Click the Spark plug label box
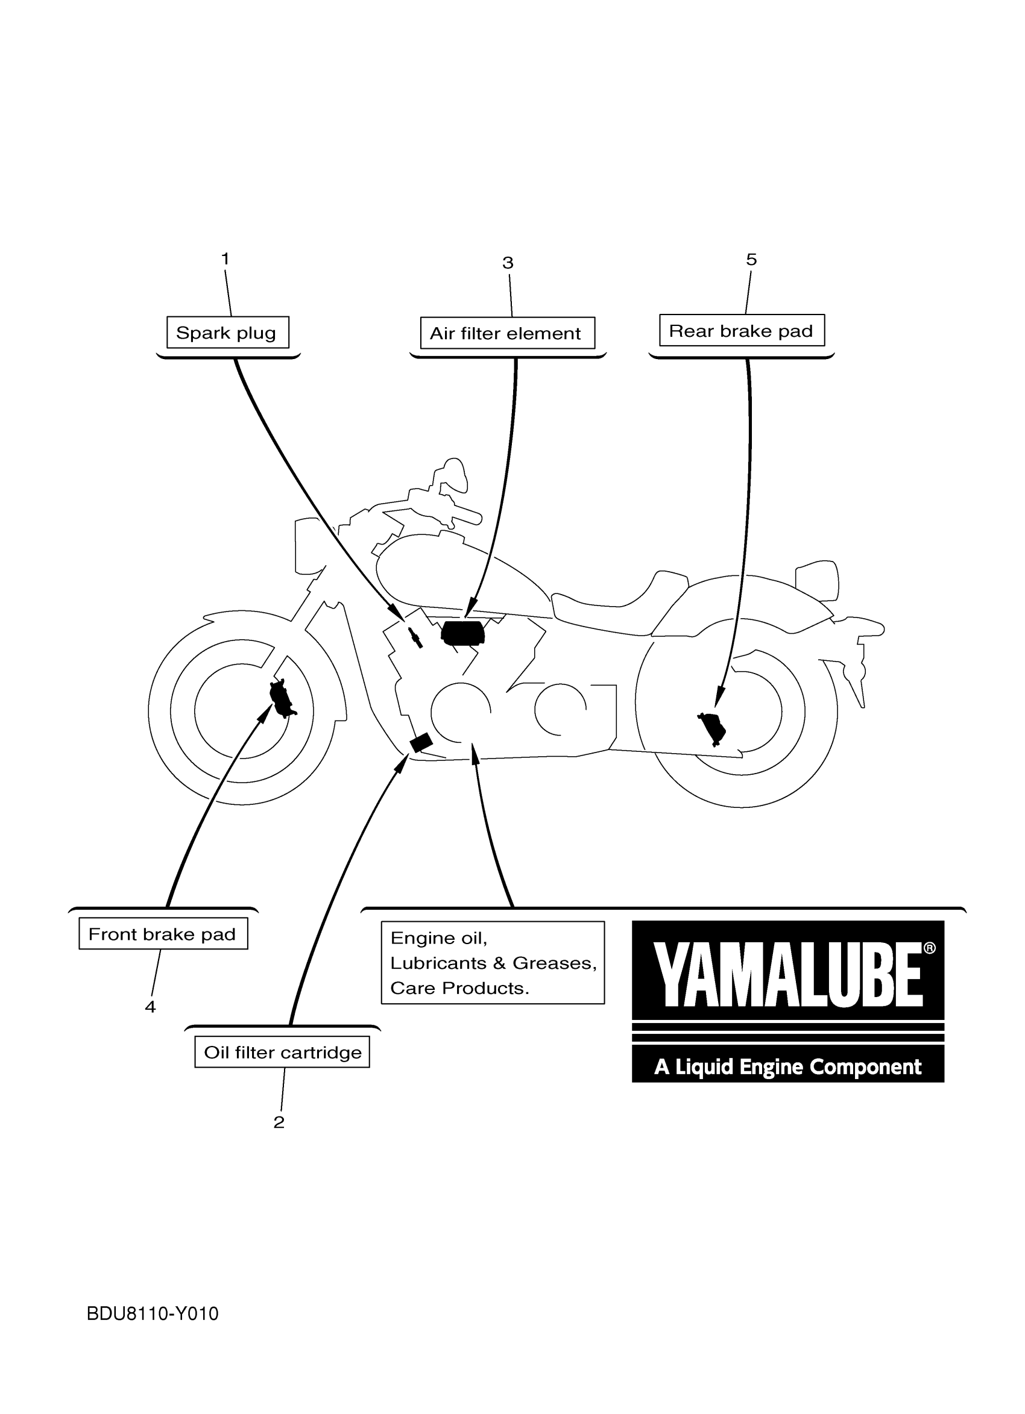(227, 333)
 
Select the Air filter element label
(507, 333)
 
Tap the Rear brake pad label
(741, 330)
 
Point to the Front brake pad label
(163, 934)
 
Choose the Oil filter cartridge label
(282, 1053)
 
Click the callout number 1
(225, 258)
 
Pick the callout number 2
(279, 1122)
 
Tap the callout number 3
(508, 263)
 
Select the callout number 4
(150, 1007)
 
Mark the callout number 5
(751, 259)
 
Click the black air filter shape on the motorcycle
(463, 633)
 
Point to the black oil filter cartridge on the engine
(420, 742)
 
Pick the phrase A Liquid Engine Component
(787, 1067)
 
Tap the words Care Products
(460, 988)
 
